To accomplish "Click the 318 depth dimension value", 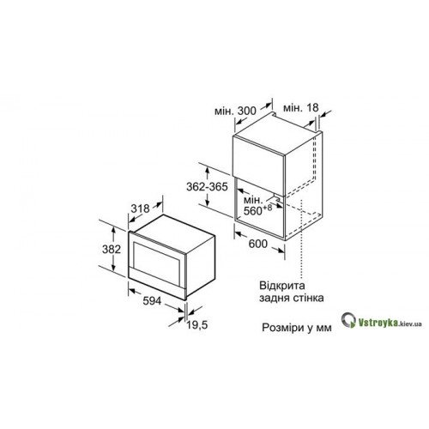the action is click(x=140, y=208).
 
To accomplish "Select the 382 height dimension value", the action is click(x=112, y=249).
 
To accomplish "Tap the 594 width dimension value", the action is click(x=152, y=300).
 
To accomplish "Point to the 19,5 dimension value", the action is click(x=197, y=325).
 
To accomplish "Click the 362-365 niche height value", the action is click(x=207, y=186).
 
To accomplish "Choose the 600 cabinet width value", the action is click(x=258, y=244).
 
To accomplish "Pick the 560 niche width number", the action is click(x=253, y=211).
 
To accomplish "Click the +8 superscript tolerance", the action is click(x=268, y=208).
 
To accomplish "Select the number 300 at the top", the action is click(x=247, y=111).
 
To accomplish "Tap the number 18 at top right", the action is click(x=312, y=107).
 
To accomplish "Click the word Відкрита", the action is click(x=282, y=285).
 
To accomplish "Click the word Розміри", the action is click(x=283, y=328).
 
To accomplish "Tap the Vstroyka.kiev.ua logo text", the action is click(x=390, y=323).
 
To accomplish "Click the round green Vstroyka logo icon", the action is click(x=348, y=320).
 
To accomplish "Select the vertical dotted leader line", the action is click(x=301, y=239).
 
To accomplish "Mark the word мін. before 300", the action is click(x=225, y=111).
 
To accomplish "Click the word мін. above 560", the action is click(x=253, y=199).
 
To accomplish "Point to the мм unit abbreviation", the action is click(x=323, y=328).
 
